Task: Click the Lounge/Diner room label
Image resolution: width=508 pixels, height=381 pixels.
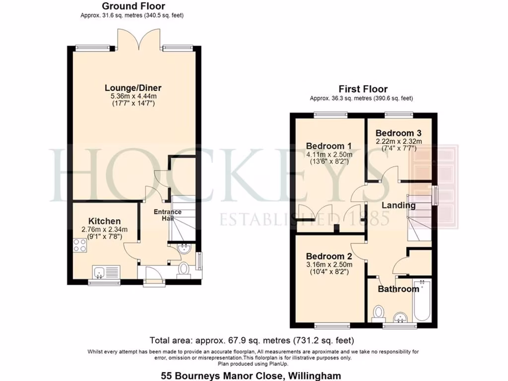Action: (x=133, y=88)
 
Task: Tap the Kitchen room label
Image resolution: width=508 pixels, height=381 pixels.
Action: (x=104, y=221)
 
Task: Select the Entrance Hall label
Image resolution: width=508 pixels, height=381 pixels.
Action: (x=167, y=215)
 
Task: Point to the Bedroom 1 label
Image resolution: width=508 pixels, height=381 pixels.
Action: (x=328, y=146)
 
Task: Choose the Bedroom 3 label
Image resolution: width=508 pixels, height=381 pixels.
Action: (x=398, y=133)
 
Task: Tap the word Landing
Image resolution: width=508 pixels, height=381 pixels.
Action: (x=398, y=205)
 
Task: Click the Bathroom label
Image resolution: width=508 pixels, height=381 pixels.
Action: (x=398, y=289)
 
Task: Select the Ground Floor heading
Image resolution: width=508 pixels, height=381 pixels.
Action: (x=133, y=6)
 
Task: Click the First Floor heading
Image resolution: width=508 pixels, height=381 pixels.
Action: (x=363, y=89)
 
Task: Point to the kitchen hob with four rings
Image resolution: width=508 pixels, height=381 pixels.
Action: (x=79, y=245)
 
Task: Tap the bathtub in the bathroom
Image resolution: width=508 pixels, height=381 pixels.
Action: (x=422, y=301)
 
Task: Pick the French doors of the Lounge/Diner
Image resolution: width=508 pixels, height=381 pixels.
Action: (x=134, y=38)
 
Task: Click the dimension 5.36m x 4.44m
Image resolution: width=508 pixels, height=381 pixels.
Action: (x=133, y=96)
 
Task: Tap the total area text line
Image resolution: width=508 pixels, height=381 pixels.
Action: (x=252, y=340)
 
